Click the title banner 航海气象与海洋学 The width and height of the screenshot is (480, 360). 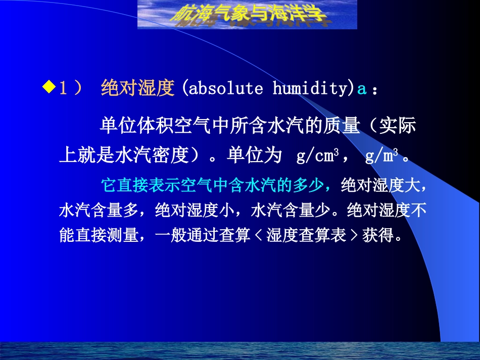247,14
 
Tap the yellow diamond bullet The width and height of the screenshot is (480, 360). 48,88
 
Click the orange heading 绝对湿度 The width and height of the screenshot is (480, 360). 137,89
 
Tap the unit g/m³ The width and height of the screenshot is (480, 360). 381,156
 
